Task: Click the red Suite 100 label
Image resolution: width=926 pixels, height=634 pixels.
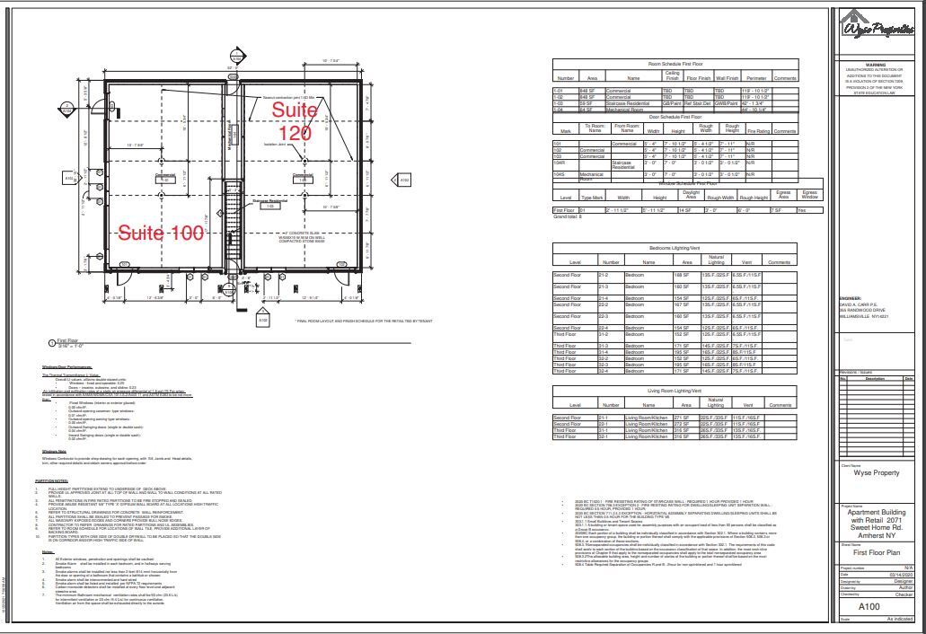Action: pyautogui.click(x=163, y=233)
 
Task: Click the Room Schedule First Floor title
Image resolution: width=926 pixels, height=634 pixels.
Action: pyautogui.click(x=675, y=65)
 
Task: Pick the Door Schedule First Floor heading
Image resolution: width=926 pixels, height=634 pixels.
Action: pyautogui.click(x=675, y=117)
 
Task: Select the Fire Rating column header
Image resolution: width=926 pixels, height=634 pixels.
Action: pyautogui.click(x=759, y=131)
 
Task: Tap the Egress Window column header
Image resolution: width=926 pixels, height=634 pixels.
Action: pyautogui.click(x=809, y=194)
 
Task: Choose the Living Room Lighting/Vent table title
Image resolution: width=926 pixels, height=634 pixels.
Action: pyautogui.click(x=675, y=392)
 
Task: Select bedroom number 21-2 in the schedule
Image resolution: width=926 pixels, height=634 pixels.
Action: pyautogui.click(x=604, y=275)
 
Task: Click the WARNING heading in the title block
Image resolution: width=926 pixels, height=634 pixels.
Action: pyautogui.click(x=876, y=65)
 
